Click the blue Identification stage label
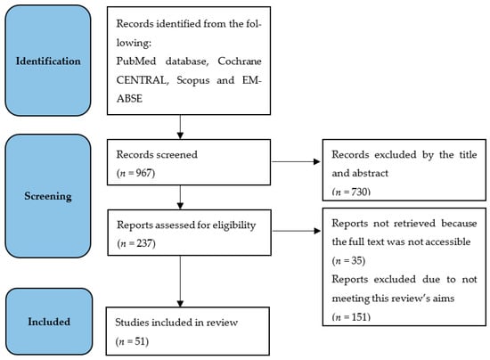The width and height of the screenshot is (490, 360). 48,61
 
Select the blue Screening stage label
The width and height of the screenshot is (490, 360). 48,196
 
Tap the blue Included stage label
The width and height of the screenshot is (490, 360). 49,322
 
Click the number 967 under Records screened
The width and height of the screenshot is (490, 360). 144,173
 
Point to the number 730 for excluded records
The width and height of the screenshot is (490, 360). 359,192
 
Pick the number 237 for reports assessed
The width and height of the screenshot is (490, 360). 144,243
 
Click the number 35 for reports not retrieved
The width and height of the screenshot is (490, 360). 356,260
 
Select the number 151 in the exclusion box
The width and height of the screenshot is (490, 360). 359,317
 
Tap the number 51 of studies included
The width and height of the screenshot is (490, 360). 140,341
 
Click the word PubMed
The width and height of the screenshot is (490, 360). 136,61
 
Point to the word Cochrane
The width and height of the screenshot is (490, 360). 240,61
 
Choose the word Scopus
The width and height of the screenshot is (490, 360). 193,80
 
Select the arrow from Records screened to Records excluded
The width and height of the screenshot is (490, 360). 297,161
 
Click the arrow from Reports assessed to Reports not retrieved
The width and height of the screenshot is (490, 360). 297,231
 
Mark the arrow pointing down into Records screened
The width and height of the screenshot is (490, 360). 180,127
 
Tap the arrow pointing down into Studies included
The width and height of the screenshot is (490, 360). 180,282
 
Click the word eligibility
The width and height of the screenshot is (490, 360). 234,225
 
